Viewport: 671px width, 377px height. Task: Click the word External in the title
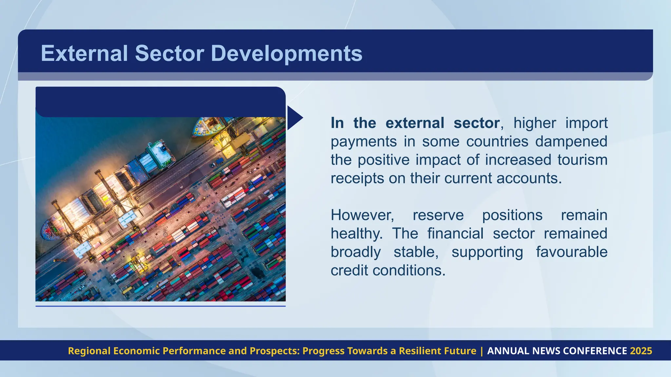coord(84,53)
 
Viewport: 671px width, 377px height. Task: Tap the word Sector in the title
coord(169,53)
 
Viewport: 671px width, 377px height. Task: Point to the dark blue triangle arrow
coord(294,118)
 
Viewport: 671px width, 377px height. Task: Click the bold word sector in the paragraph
coord(476,123)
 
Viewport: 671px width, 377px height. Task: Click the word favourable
coord(571,252)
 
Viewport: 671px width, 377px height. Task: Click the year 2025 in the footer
coord(641,351)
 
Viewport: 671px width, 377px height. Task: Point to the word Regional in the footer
coord(89,351)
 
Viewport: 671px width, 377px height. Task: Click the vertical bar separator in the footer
coord(482,351)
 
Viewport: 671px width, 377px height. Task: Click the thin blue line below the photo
coord(160,306)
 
